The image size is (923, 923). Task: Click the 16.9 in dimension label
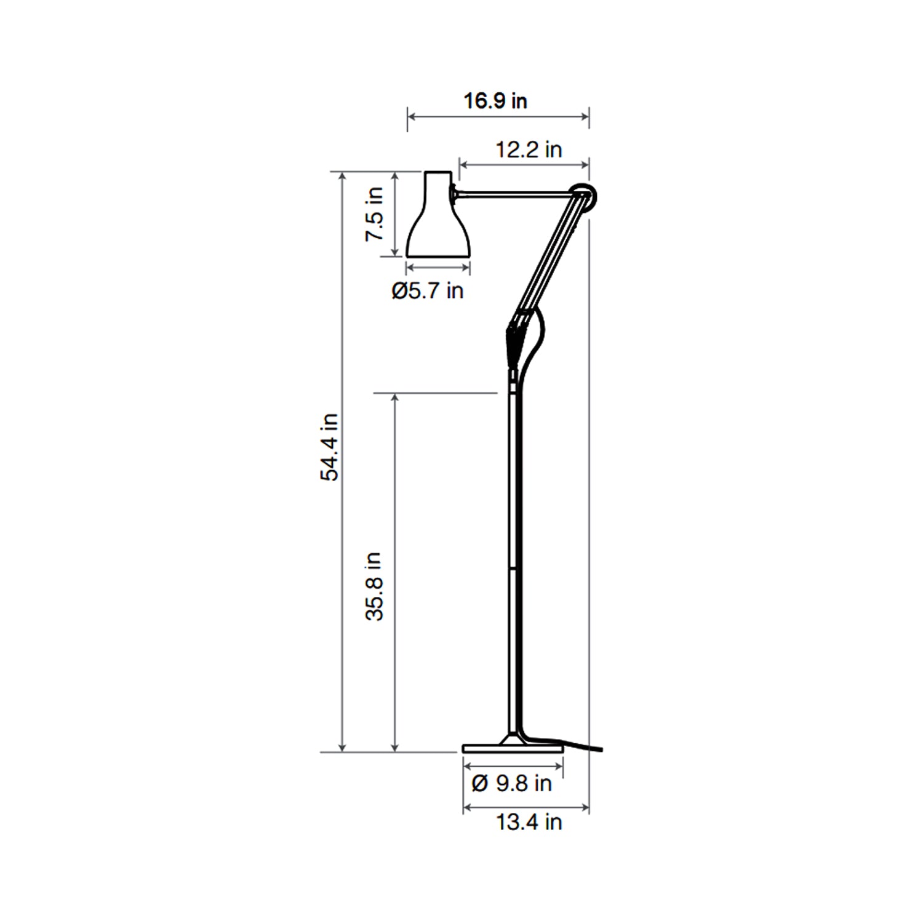(x=495, y=101)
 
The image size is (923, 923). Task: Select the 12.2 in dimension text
(x=529, y=150)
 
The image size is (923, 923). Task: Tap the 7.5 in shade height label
(x=374, y=214)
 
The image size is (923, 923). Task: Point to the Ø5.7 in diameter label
(x=427, y=290)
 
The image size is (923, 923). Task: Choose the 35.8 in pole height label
(x=374, y=586)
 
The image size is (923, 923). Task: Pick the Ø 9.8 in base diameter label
(x=511, y=783)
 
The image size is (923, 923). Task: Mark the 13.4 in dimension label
(x=529, y=822)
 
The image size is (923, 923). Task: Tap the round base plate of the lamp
(x=513, y=748)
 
